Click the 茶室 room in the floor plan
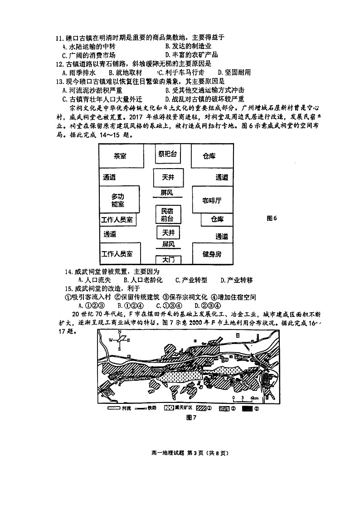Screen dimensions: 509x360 pos(120,156)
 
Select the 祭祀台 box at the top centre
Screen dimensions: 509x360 pos(167,154)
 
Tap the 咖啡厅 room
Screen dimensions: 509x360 pos(212,200)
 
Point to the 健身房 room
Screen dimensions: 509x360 pos(212,254)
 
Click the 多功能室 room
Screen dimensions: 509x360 pos(118,200)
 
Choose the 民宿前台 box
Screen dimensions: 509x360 pos(167,214)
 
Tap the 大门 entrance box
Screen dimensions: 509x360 pos(168,260)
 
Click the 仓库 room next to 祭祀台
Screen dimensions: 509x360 pos(209,156)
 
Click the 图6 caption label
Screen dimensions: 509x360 pos(272,218)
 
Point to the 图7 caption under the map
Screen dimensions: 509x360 pos(190,417)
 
